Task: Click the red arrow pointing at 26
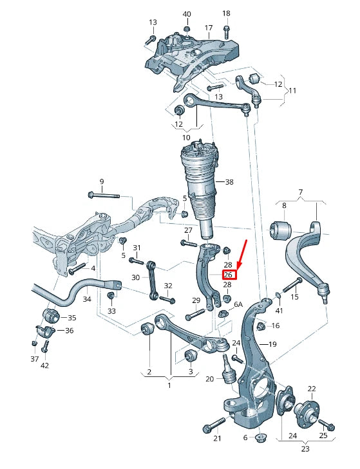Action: click(x=242, y=255)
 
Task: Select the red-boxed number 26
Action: click(x=229, y=275)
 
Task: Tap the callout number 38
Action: click(x=230, y=182)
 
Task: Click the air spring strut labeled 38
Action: click(x=201, y=187)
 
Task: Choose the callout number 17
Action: click(x=209, y=28)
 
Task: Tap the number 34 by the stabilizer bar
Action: click(x=86, y=299)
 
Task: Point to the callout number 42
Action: click(x=44, y=366)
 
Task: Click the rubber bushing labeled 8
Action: click(x=279, y=228)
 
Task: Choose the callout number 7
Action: click(x=299, y=192)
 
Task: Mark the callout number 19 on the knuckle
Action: click(x=272, y=345)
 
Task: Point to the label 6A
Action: click(x=238, y=304)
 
